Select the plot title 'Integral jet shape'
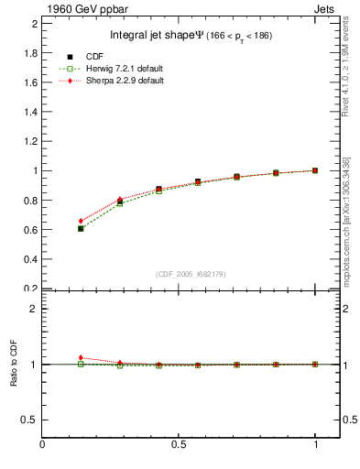(151, 36)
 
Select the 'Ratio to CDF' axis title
(12, 364)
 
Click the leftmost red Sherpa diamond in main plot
(81, 221)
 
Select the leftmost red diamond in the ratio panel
(81, 357)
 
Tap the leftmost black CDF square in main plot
(81, 228)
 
